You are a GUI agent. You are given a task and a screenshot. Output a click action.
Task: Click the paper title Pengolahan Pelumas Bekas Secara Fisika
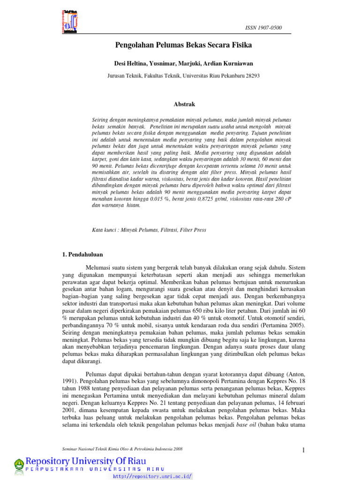click(184, 45)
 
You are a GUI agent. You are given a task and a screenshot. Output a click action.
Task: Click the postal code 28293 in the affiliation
click(252, 75)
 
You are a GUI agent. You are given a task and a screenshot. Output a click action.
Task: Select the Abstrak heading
click(184, 104)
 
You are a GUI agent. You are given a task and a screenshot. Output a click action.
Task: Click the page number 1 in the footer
click(303, 450)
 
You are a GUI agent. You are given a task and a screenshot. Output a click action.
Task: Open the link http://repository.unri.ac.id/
click(152, 476)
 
